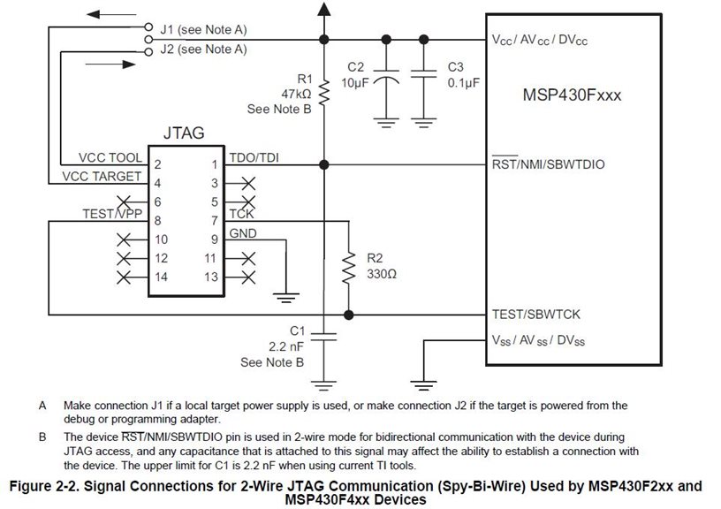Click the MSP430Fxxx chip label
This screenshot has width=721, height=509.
point(572,95)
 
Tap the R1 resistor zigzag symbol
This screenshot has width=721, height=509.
point(324,92)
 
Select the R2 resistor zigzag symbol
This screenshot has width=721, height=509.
point(349,267)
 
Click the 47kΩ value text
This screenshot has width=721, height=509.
point(296,95)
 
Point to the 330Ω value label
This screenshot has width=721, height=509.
point(382,274)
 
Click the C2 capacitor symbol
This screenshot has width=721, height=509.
point(386,77)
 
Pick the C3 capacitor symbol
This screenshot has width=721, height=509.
point(423,73)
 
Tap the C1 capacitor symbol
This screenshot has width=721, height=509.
point(323,337)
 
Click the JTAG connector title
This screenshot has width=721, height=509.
point(184,133)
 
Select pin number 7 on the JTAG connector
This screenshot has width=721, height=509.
point(215,221)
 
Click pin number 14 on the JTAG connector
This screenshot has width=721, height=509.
point(161,277)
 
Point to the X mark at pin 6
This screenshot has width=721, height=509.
point(124,201)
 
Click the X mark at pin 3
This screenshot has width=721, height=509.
point(248,184)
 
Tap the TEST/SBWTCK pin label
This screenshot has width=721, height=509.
point(536,315)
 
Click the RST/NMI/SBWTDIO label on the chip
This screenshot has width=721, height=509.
point(548,163)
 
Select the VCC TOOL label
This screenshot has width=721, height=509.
point(110,157)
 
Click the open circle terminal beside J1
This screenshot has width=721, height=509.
point(148,27)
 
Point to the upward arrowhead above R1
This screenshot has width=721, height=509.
point(324,9)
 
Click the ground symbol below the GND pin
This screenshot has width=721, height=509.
point(286,298)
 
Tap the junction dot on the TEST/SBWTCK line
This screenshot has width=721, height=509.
point(349,315)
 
